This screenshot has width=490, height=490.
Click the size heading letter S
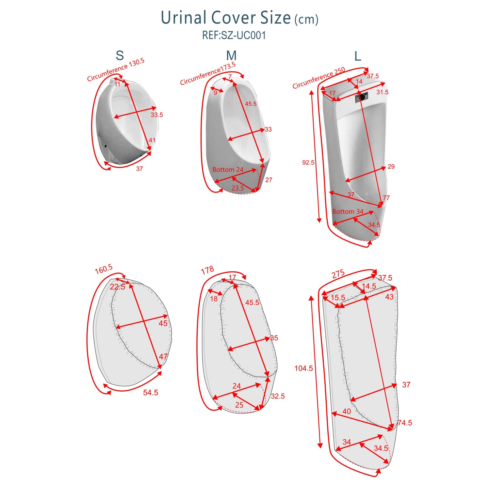point(120,56)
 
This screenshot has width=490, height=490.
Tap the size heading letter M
point(231,56)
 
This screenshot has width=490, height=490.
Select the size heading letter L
point(358,56)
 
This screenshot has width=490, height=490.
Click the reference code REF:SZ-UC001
point(234,35)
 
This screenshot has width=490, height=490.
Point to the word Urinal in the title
point(184,18)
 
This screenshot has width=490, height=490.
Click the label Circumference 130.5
point(116,70)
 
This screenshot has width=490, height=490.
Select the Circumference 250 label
point(319,78)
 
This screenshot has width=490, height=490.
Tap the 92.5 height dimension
point(308,162)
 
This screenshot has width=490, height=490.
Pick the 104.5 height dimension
point(303,368)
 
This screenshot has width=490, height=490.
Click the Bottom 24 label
point(228,170)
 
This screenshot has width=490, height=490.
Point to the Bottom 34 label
point(348,212)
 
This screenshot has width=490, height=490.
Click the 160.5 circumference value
point(104,269)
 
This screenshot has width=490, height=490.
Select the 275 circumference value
point(338,274)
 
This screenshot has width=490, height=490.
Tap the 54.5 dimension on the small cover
point(151,392)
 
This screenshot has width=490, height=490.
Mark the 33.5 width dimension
point(157,115)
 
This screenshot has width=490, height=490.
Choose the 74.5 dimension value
point(405,423)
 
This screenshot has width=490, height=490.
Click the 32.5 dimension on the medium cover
point(278,396)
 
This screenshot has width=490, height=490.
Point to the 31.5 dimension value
point(382,92)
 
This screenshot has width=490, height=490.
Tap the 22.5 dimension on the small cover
point(118,287)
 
